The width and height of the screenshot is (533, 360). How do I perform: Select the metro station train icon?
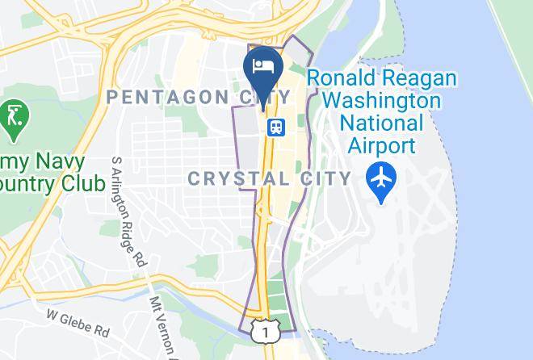[276, 128]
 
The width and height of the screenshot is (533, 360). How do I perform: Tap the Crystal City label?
[270, 178]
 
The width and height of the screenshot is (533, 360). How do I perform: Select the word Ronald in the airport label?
[346, 79]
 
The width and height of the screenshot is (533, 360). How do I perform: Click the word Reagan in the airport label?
[421, 79]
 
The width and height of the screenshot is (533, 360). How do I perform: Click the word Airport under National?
[382, 146]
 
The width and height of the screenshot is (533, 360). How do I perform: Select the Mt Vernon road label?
[162, 323]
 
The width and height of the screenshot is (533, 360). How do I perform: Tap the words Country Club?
[52, 182]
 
